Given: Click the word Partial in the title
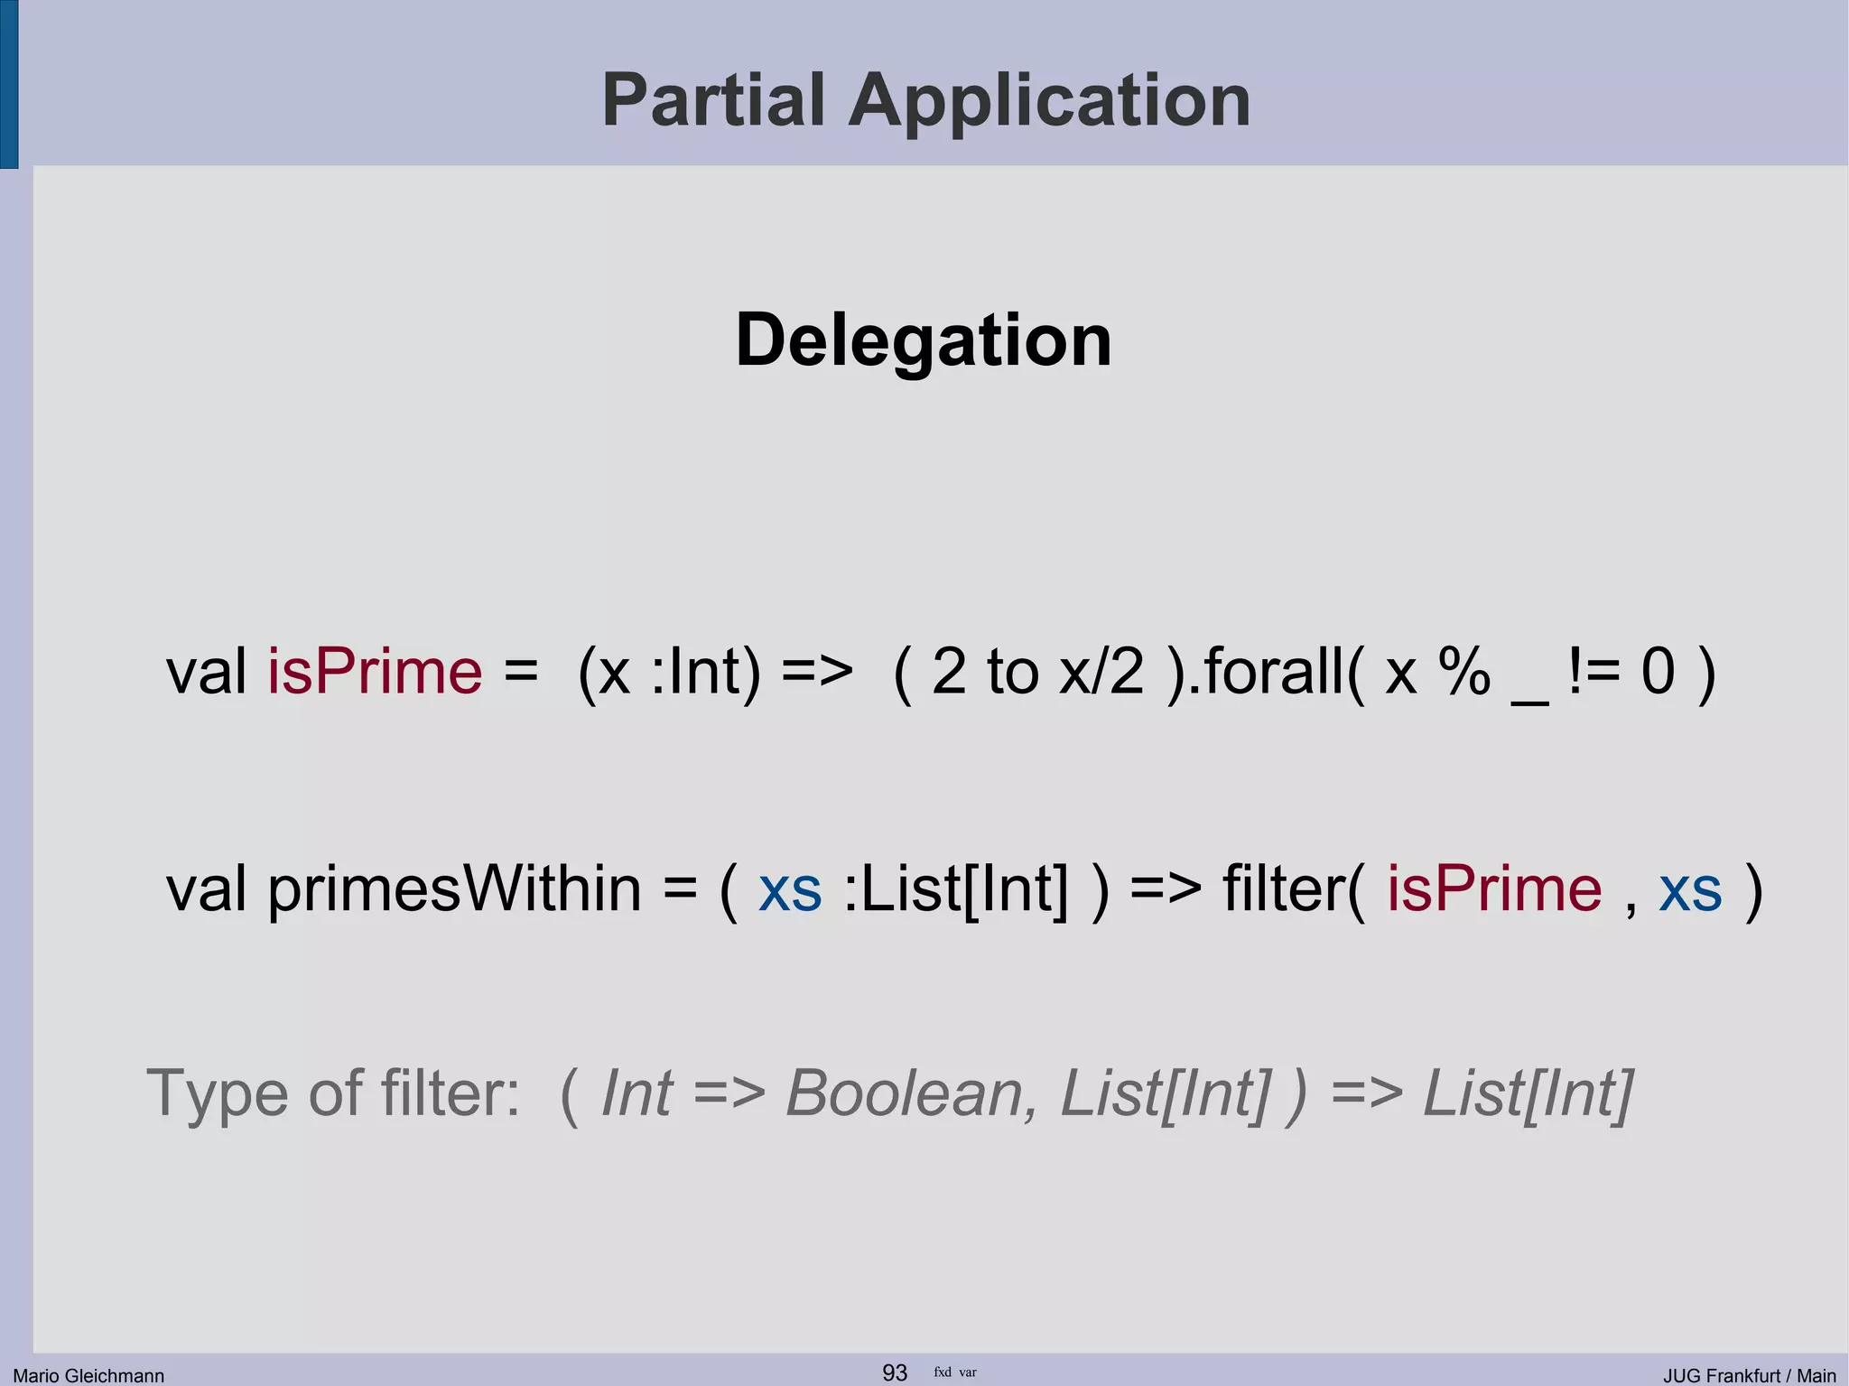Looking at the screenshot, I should (713, 100).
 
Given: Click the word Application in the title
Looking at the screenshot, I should (1049, 102).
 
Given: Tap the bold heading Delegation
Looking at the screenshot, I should (924, 340).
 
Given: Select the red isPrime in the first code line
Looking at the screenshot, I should (375, 672).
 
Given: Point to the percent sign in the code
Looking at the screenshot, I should (1464, 672).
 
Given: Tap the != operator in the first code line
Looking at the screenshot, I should (1594, 672).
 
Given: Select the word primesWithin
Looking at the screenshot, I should (454, 890).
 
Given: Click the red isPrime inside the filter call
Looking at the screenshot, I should (1494, 889).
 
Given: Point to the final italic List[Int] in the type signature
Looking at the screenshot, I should (1528, 1094).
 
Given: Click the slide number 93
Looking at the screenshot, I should (894, 1372).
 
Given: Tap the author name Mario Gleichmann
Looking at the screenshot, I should (88, 1375).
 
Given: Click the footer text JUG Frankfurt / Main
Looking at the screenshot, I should (1749, 1375).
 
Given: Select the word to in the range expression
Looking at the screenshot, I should (1013, 672).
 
